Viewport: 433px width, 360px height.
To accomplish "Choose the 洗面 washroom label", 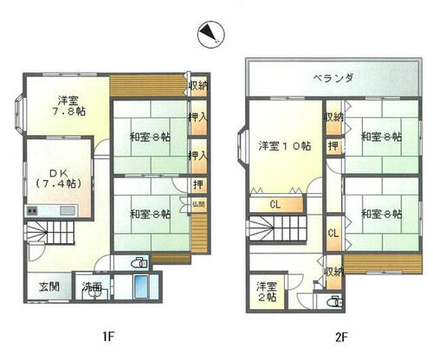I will [x=92, y=287].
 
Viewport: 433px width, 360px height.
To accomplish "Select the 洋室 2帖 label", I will [x=266, y=291].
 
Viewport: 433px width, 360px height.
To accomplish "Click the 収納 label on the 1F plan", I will [x=198, y=85].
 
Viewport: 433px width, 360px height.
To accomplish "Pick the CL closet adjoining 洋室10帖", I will [x=275, y=204].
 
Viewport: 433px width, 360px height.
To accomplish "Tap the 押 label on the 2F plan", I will [x=333, y=147].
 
